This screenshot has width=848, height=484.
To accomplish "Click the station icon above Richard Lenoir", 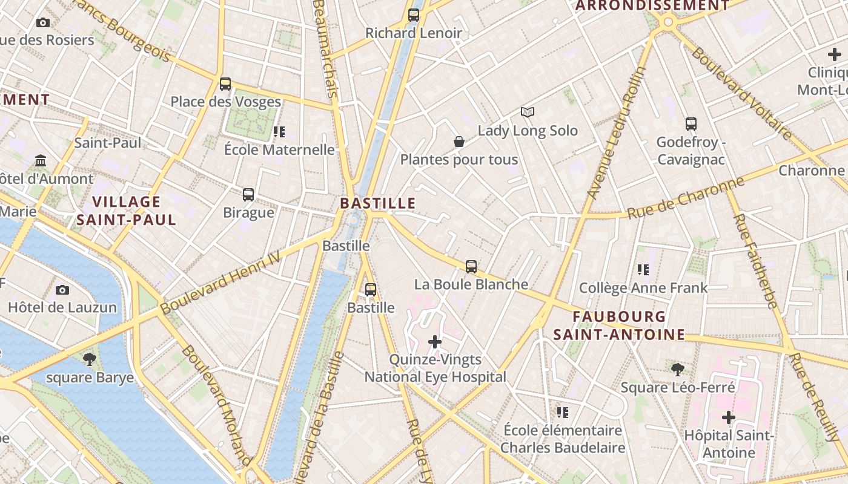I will (x=414, y=15).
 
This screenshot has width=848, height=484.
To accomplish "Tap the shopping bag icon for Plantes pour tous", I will (x=459, y=142).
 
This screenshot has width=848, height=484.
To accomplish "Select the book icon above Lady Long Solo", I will (x=528, y=112).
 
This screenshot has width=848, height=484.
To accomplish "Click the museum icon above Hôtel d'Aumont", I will (x=41, y=161).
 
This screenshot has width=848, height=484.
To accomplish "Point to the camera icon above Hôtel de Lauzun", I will (x=62, y=290).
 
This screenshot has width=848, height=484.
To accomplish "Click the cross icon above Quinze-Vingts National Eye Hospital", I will (x=435, y=342).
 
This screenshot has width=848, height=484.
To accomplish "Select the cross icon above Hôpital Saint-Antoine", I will (x=728, y=417).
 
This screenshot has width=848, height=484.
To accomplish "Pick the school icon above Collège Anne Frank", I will (x=643, y=270).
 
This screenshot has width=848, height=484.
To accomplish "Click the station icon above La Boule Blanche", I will (x=471, y=266).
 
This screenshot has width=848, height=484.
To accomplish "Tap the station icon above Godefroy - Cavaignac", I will (x=691, y=124).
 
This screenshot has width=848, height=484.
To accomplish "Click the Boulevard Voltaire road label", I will (x=741, y=93).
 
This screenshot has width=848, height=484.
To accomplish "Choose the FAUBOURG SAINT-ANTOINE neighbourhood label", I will (x=619, y=325).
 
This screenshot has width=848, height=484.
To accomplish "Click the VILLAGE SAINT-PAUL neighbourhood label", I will (x=127, y=211).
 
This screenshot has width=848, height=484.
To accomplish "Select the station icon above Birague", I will (x=248, y=195).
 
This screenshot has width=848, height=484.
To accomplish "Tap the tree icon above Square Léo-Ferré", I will (x=678, y=369).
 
